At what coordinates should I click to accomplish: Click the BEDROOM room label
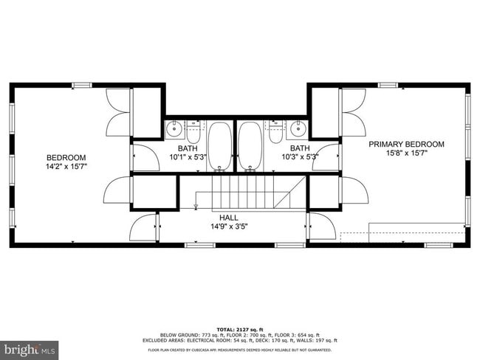(66, 157)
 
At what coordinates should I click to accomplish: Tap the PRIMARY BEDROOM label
(407, 144)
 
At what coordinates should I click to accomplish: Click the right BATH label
(299, 148)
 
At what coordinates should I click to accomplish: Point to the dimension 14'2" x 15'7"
(66, 167)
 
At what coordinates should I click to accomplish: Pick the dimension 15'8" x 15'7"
(407, 154)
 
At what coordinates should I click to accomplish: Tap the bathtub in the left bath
(220, 145)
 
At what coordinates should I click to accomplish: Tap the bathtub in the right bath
(250, 145)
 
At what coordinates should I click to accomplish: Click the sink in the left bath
(174, 129)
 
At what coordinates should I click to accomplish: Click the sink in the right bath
(298, 129)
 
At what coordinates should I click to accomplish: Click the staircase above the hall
(251, 192)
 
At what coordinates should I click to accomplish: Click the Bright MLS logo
(30, 347)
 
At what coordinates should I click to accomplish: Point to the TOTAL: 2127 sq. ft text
(240, 328)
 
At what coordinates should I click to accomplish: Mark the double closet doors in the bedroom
(118, 112)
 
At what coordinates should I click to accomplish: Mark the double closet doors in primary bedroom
(352, 112)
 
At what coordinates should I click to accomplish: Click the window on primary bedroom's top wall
(388, 85)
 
